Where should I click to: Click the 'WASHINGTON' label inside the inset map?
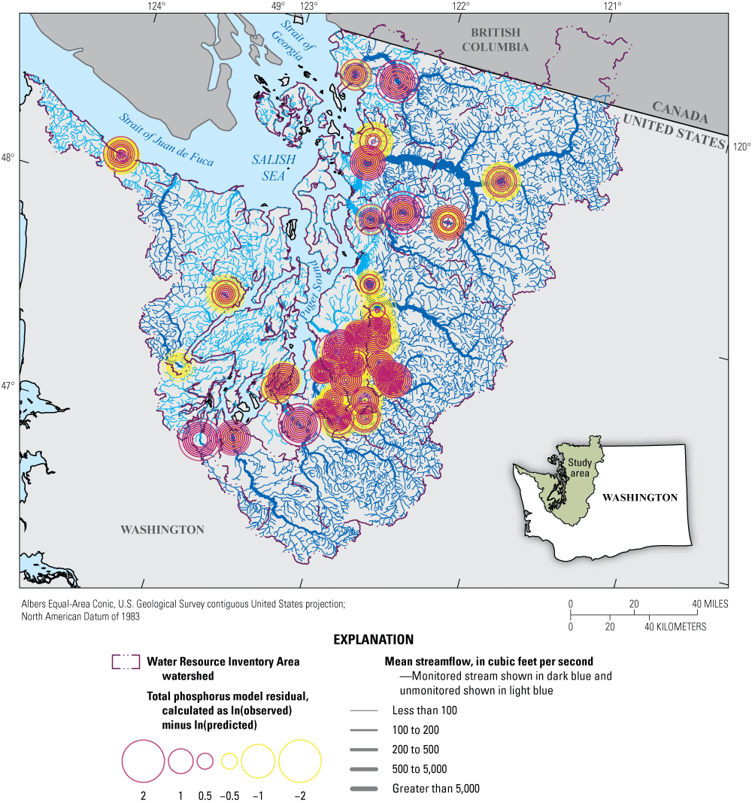coord(640,498)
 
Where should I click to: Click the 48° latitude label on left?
coord(8,159)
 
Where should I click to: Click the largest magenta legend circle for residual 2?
coord(143,761)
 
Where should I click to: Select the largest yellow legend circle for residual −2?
coord(300,761)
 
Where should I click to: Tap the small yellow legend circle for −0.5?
coord(229,761)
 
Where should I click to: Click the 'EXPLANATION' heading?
coord(373,640)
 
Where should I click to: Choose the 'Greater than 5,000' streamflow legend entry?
coord(435,789)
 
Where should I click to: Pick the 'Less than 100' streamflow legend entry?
coord(424,710)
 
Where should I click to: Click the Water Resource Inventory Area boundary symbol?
coord(126,662)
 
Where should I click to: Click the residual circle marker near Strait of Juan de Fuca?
coord(121,154)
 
